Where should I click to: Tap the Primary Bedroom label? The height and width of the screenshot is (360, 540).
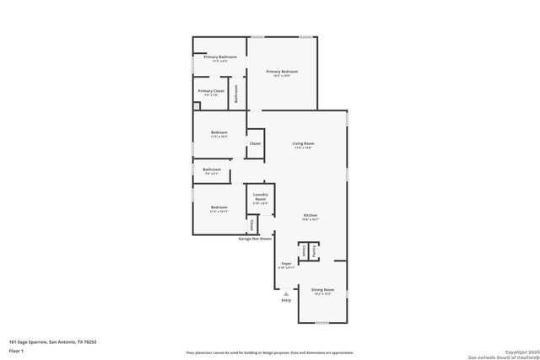click(x=283, y=73)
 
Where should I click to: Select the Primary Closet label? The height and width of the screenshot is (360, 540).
click(x=211, y=91)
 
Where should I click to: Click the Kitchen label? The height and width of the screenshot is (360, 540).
click(x=310, y=216)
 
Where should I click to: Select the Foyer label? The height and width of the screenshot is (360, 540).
click(x=287, y=264)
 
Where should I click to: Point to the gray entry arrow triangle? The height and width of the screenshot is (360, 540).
click(x=285, y=293)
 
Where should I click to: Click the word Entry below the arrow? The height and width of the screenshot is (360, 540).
click(x=286, y=300)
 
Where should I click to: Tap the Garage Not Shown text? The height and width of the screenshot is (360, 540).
click(x=254, y=239)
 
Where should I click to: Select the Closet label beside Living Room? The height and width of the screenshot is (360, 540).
click(x=255, y=144)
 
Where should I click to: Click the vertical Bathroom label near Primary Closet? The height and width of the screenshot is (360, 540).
click(x=237, y=94)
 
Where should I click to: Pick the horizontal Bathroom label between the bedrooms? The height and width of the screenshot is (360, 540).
click(x=212, y=169)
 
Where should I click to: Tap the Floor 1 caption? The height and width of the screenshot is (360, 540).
click(x=16, y=350)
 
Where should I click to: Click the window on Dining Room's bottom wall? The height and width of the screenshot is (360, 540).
click(x=322, y=321)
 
